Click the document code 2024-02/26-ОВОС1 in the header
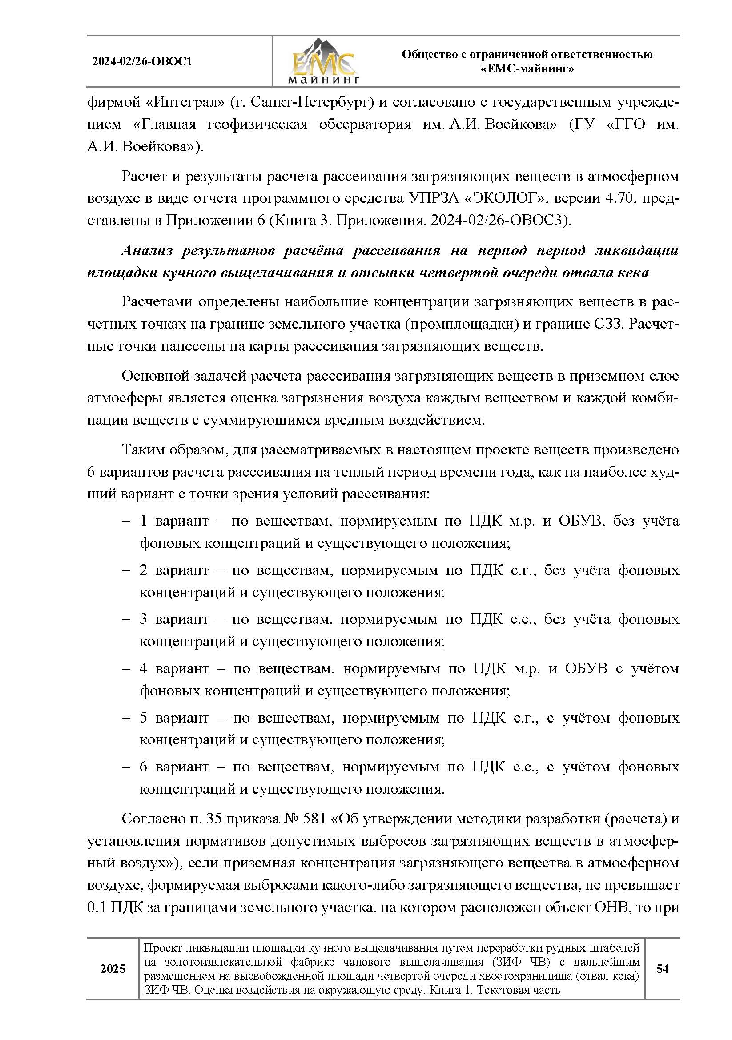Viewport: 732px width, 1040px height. [142, 62]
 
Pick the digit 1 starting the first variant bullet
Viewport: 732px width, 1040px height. [144, 521]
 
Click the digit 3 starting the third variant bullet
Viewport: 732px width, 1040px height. [144, 619]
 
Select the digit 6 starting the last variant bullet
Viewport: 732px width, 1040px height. [144, 767]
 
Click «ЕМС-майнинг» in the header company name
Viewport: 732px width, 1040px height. [527, 69]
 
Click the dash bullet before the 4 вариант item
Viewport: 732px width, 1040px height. [126, 669]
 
